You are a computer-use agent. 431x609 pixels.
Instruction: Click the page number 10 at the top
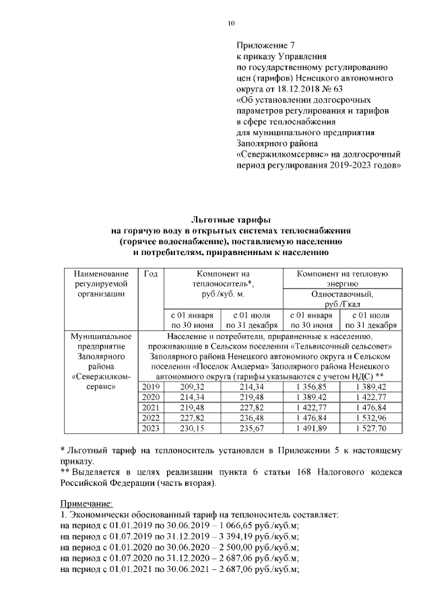click(231, 24)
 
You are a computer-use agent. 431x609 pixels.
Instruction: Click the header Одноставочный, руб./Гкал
click(343, 299)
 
